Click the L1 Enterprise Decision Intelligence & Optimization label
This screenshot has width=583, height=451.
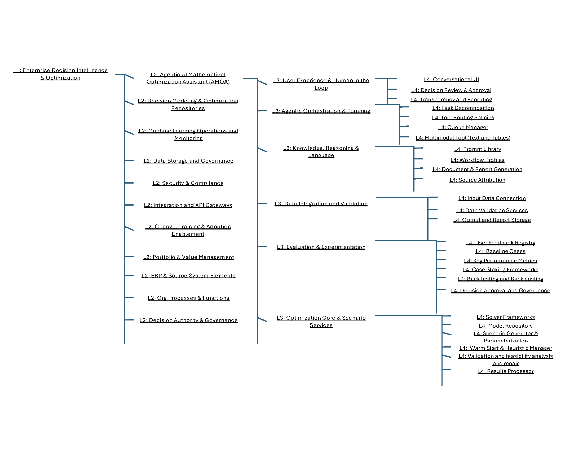point(60,74)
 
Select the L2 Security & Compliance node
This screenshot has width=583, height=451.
point(188,183)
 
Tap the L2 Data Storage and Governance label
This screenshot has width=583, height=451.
point(188,161)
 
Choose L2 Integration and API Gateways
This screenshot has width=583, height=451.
point(188,205)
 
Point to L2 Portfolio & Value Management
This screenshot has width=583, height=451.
point(188,257)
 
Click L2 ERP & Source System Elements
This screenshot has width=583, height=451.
point(188,275)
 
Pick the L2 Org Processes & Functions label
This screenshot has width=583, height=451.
point(188,298)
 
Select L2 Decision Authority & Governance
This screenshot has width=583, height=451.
point(188,320)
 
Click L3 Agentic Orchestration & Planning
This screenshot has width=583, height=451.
point(321,111)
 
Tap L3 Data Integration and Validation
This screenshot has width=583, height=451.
point(321,203)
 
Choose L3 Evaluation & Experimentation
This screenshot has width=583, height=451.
point(321,247)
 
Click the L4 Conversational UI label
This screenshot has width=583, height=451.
point(451,79)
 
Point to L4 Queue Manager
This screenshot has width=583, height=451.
point(463,127)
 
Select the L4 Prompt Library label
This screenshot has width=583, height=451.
point(477,149)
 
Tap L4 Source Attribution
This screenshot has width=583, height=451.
point(477,180)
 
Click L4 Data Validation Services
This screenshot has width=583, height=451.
point(492,210)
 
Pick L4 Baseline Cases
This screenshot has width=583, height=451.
point(500,251)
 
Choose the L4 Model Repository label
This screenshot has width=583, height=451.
point(506,326)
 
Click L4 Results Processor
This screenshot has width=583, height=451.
point(506,371)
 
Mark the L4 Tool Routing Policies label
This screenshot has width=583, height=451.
point(463,118)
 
